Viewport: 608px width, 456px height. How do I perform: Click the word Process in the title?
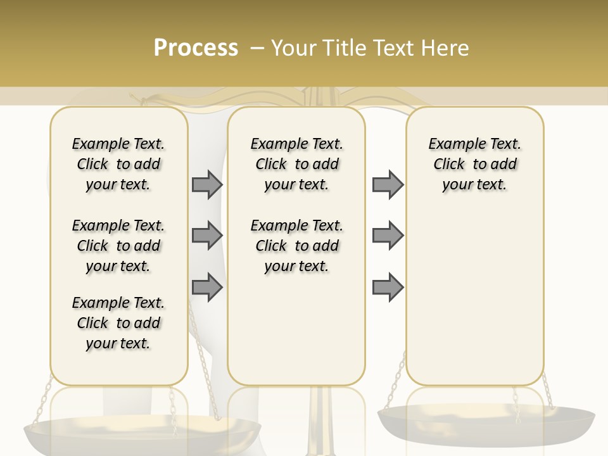(196, 48)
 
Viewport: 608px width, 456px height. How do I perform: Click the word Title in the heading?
(346, 48)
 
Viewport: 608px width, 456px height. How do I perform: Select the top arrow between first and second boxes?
(207, 184)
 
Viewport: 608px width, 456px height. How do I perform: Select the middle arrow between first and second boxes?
(207, 236)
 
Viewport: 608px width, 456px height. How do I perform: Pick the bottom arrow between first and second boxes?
(207, 287)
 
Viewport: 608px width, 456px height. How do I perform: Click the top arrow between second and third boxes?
(388, 184)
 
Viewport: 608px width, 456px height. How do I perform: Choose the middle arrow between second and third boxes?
(388, 236)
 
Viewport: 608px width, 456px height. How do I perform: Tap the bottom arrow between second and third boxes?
(388, 287)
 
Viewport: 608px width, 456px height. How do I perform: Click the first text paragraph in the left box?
(118, 164)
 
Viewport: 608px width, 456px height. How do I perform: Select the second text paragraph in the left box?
(118, 246)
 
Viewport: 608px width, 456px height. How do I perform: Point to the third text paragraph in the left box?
(118, 323)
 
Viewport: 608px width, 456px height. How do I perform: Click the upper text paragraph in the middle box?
(296, 164)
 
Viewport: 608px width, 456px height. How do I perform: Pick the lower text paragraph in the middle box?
(296, 246)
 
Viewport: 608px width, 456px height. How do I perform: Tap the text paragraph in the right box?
(474, 164)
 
